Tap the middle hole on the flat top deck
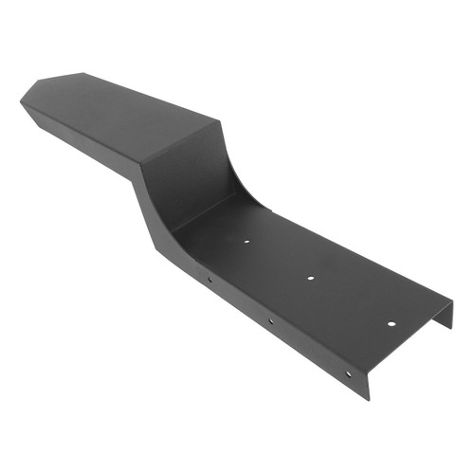click(312, 279)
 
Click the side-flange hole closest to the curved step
click(210, 280)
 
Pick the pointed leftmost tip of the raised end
click(20, 98)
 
